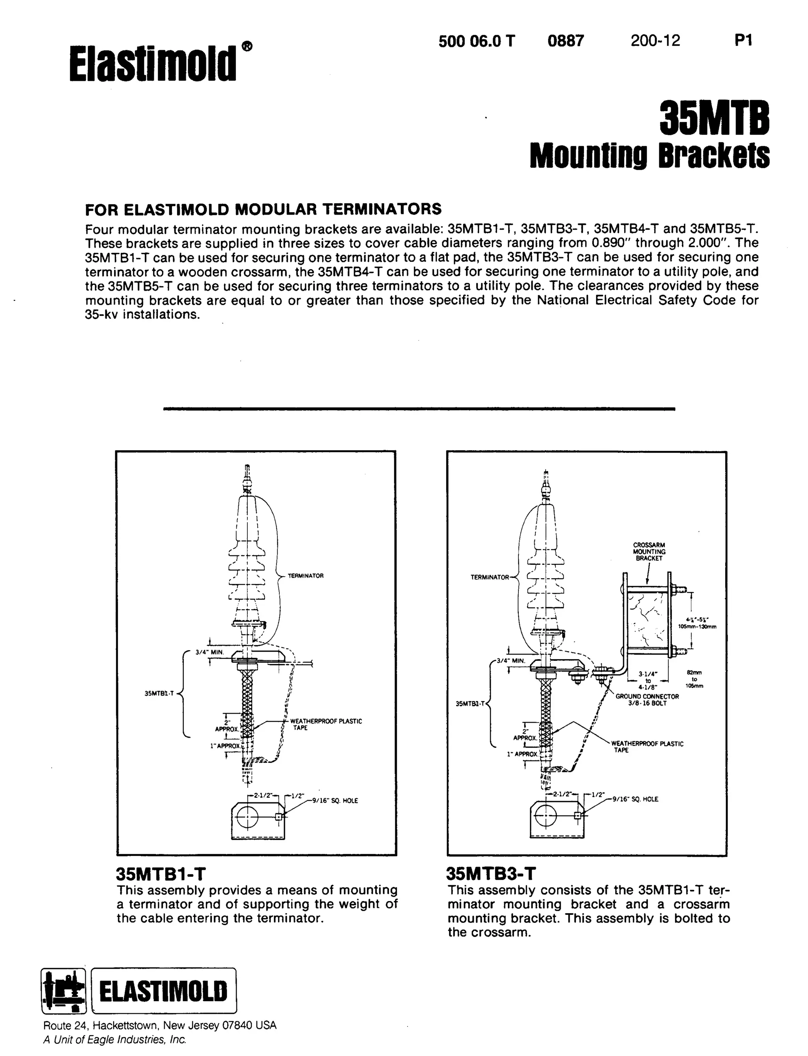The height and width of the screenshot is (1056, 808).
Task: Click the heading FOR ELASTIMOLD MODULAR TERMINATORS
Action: click(263, 209)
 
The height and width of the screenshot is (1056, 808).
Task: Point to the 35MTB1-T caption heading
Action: click(161, 874)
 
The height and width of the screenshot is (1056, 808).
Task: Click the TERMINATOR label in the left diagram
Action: click(305, 576)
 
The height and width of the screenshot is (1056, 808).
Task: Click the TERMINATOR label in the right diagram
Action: click(489, 577)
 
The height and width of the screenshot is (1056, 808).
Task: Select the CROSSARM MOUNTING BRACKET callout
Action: click(649, 551)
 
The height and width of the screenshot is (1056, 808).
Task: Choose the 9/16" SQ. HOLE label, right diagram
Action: click(634, 799)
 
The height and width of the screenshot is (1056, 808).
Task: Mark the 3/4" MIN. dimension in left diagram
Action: click(207, 652)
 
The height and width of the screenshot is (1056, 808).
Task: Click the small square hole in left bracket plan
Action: click(278, 816)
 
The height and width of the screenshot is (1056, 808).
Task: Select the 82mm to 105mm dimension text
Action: click(694, 679)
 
